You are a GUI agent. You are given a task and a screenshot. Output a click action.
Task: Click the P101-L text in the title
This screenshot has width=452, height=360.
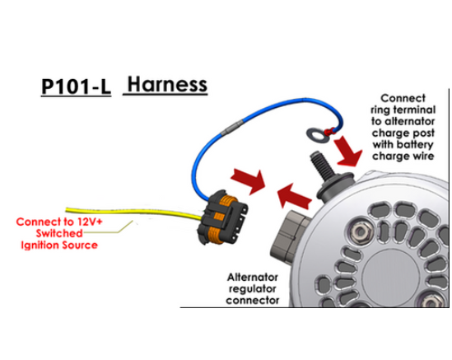pyautogui.click(x=76, y=86)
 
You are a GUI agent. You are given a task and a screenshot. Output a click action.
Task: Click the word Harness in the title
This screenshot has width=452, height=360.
pyautogui.click(x=167, y=84)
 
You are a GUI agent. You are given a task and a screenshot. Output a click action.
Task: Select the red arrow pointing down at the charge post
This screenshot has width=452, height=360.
pyautogui.click(x=348, y=151)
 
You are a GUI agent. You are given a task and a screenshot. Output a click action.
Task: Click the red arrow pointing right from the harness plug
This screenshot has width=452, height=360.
pyautogui.click(x=249, y=181)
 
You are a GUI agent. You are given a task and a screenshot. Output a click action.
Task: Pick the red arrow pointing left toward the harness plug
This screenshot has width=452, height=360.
pyautogui.click(x=294, y=196)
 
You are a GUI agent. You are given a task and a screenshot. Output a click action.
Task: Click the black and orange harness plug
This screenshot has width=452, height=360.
pyautogui.click(x=222, y=217)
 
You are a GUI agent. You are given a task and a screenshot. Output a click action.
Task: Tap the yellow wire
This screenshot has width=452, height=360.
pyautogui.click(x=133, y=213)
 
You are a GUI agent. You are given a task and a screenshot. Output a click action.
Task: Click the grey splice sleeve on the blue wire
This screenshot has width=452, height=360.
pyautogui.click(x=231, y=128)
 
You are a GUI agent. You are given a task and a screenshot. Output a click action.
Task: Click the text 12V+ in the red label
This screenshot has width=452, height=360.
pyautogui.click(x=90, y=222)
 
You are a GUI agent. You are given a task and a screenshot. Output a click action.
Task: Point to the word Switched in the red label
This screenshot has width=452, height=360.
pyautogui.click(x=59, y=233)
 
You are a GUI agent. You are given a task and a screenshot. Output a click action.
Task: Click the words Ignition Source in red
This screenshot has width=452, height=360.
pyautogui.click(x=59, y=245)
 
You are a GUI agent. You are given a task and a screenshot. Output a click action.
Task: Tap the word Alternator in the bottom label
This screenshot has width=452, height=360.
pyautogui.click(x=253, y=278)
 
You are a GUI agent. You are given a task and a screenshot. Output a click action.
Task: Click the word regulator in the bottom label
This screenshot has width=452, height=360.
pyautogui.click(x=253, y=289)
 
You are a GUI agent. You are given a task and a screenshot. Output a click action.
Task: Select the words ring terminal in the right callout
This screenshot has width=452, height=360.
pyautogui.click(x=403, y=110)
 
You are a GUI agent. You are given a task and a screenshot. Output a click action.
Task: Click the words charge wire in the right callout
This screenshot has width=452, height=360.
pyautogui.click(x=403, y=157)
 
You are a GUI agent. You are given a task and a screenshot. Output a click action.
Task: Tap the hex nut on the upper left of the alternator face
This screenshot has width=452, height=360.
pyautogui.click(x=360, y=231)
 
